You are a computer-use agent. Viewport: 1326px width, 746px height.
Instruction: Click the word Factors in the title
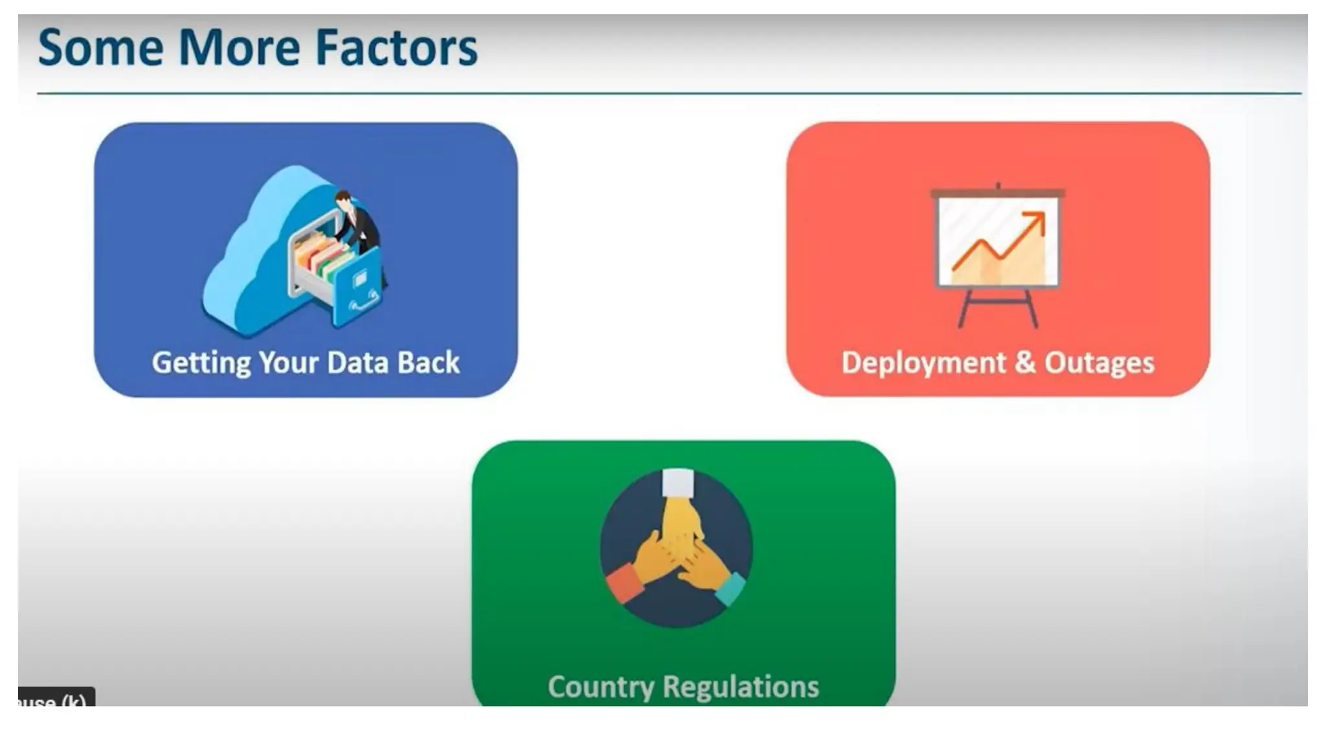point(396,49)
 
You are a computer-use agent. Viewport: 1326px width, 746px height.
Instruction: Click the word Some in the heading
point(100,49)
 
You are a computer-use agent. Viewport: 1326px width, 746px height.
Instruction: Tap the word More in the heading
point(238,49)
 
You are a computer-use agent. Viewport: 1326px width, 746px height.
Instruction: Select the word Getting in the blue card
point(201,363)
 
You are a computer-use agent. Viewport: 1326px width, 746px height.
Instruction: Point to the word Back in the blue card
point(428,363)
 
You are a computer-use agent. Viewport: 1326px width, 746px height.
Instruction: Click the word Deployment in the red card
point(923,363)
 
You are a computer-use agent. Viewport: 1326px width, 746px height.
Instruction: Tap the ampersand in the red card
point(1025,362)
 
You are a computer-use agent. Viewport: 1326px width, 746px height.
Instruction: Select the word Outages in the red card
point(1099,363)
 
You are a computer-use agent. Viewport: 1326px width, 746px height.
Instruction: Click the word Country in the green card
point(600,687)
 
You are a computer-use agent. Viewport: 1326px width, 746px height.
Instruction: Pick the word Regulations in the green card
point(741,687)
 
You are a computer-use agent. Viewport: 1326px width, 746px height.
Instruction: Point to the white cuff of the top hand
point(678,483)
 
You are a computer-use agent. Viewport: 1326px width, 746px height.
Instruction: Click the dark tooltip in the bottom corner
point(56,698)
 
